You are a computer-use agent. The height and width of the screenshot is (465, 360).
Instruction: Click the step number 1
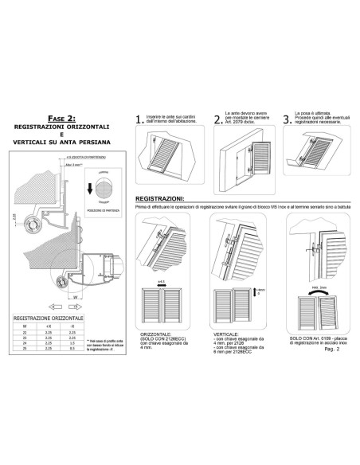point(141,120)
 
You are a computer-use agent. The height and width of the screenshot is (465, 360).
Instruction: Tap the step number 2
point(217,120)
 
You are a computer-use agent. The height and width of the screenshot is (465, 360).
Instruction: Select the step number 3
point(288,120)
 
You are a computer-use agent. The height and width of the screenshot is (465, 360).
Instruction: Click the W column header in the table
point(24,326)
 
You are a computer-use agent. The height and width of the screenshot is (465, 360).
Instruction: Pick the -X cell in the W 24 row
point(73,343)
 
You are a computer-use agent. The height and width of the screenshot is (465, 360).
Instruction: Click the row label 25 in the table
point(24,349)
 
